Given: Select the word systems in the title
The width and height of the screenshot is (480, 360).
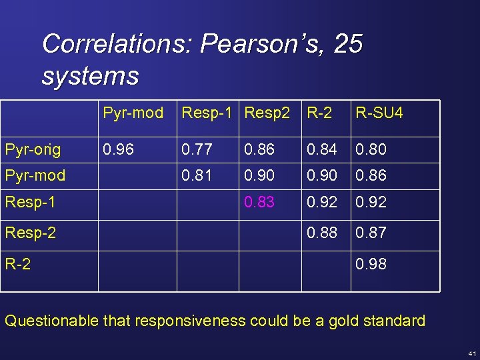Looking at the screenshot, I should pyautogui.click(x=90, y=75).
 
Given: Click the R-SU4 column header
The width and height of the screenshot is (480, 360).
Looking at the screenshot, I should pyautogui.click(x=379, y=113).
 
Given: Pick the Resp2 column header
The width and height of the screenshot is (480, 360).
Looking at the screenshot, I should pyautogui.click(x=267, y=113).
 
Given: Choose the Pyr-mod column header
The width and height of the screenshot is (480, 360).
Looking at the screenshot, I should pyautogui.click(x=133, y=113).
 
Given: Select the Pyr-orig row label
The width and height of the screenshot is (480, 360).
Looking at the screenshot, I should pyautogui.click(x=33, y=149).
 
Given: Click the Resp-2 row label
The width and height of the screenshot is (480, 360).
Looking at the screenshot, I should pyautogui.click(x=30, y=233).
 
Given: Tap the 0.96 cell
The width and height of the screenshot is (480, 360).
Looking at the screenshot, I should pyautogui.click(x=119, y=149).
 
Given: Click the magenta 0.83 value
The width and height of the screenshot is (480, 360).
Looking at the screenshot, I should pyautogui.click(x=259, y=202).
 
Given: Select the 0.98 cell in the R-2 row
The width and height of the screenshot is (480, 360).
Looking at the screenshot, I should pyautogui.click(x=371, y=264).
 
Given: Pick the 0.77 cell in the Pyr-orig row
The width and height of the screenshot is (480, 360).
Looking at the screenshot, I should pyautogui.click(x=197, y=149).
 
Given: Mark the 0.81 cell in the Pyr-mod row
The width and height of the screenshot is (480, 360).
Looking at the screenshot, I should pyautogui.click(x=197, y=175).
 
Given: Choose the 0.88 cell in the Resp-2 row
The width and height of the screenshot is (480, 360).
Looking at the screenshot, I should pyautogui.click(x=322, y=233).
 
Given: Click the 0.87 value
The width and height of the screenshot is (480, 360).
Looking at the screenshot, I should pyautogui.click(x=371, y=233).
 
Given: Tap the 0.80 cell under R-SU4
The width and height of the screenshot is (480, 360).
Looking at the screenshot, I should pyautogui.click(x=371, y=149).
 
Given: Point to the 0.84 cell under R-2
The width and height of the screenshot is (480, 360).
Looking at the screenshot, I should pyautogui.click(x=322, y=149).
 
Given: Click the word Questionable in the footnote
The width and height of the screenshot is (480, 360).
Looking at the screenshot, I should pyautogui.click(x=51, y=321).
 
